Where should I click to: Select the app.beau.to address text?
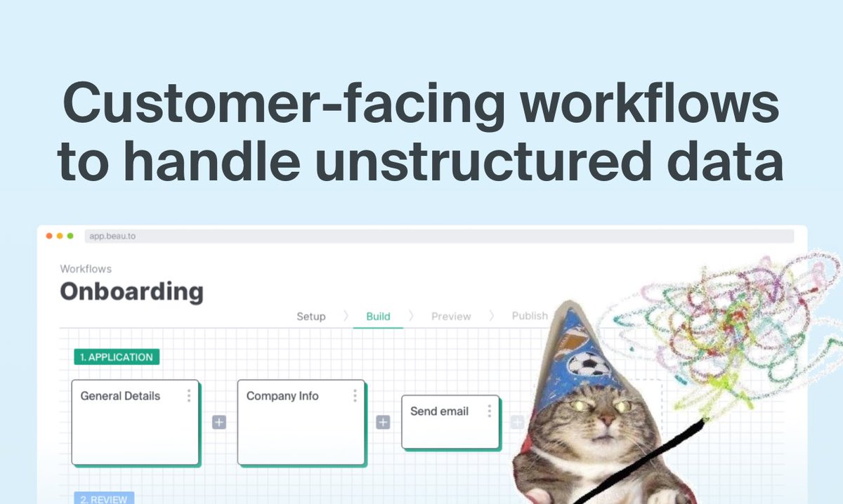click(112, 236)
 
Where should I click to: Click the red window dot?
click(49, 236)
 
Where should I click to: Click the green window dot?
click(70, 236)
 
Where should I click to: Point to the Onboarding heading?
click(131, 291)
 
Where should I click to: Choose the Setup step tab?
click(311, 317)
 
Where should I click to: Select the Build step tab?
click(378, 317)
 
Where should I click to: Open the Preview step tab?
click(451, 317)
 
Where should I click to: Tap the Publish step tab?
click(529, 316)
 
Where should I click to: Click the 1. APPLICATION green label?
click(117, 357)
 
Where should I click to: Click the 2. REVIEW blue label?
click(104, 499)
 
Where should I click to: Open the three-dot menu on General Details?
click(188, 396)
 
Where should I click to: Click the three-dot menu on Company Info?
click(355, 396)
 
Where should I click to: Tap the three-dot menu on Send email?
click(489, 411)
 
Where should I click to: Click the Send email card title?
click(439, 411)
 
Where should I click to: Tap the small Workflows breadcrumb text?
click(86, 269)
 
